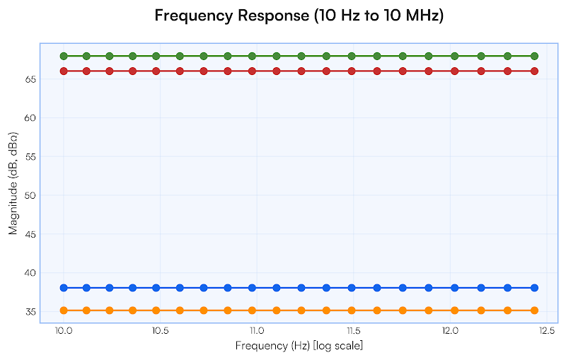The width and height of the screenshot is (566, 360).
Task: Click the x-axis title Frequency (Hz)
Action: point(299,345)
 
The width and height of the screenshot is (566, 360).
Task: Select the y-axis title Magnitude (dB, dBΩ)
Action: point(13,182)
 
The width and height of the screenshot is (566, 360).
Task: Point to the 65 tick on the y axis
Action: point(31,79)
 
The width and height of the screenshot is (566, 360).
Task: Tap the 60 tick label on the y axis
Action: point(31,118)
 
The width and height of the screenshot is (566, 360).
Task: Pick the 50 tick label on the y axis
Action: point(31,195)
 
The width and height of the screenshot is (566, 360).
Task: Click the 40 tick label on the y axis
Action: point(31,273)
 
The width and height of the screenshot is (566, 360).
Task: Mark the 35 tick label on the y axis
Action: point(31,312)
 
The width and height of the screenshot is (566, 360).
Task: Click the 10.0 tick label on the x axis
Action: point(64,331)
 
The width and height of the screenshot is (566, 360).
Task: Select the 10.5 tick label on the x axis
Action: point(160,331)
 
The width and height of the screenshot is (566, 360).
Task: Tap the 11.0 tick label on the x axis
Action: point(257,331)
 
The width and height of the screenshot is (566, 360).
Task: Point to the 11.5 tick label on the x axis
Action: point(353,331)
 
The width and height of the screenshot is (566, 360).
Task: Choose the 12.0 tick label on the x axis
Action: point(450,331)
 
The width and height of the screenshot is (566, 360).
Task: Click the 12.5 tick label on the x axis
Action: point(546,331)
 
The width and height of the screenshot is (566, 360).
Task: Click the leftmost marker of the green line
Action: point(64,56)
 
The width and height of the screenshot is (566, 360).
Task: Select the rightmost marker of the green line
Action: point(535,56)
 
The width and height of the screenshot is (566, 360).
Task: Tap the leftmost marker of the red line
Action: point(64,71)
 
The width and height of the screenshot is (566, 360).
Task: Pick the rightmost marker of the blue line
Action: point(535,288)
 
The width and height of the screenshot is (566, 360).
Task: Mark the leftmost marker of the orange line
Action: point(64,310)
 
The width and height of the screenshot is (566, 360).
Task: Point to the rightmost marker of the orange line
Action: point(535,310)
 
